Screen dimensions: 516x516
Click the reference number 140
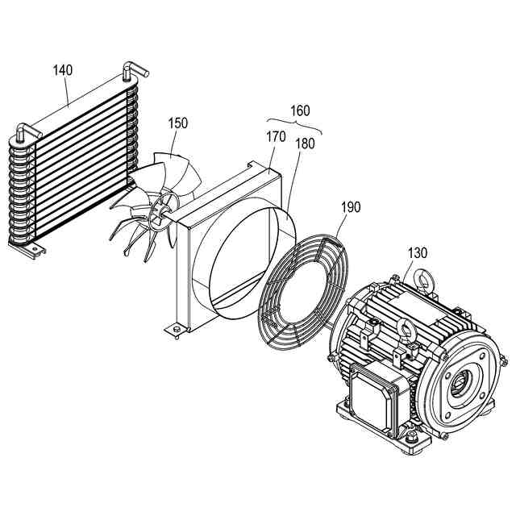(63, 70)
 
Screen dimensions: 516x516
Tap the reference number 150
(178, 123)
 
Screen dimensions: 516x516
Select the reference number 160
(299, 111)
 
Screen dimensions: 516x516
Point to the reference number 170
(276, 136)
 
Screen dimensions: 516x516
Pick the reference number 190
(351, 207)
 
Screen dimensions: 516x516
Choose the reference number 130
(417, 252)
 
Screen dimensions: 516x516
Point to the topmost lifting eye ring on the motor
(422, 279)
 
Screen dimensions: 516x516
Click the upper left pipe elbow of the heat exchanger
(24, 129)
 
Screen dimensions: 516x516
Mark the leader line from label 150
(177, 140)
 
